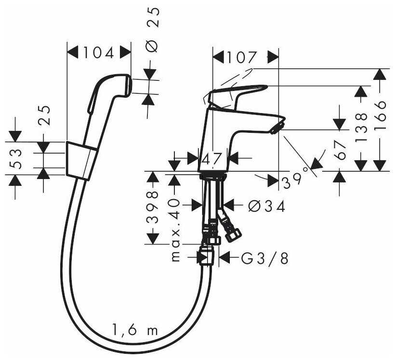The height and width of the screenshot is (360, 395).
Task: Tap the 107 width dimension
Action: tap(242, 58)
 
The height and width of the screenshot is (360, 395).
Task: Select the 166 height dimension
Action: tap(381, 116)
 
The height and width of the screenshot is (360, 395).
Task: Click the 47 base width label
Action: tap(211, 158)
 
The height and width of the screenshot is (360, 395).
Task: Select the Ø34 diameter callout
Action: tap(267, 206)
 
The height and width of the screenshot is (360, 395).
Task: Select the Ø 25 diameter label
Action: tap(153, 30)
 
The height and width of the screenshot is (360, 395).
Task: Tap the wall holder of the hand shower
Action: tap(81, 160)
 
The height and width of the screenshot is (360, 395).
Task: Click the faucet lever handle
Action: tap(237, 94)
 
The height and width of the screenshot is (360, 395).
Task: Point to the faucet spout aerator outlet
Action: tap(277, 128)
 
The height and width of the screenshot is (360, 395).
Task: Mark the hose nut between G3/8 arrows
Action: tap(206, 255)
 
